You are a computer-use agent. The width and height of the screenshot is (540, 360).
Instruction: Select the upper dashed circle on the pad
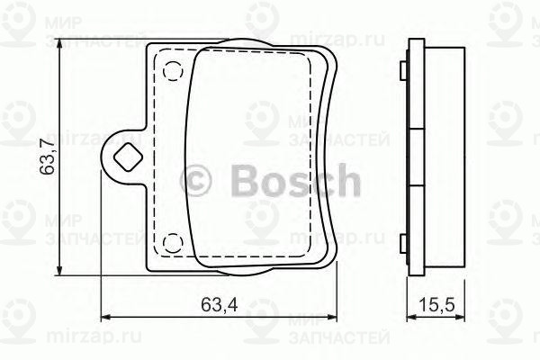click(174, 70)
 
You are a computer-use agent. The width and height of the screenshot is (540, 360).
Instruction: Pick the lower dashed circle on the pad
click(174, 241)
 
